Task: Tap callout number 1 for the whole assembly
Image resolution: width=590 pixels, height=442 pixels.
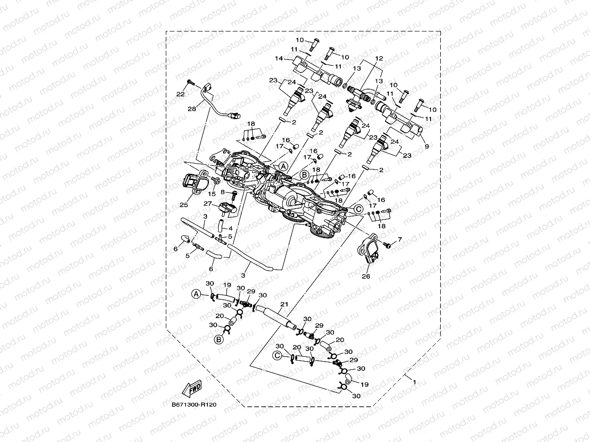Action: [414, 382]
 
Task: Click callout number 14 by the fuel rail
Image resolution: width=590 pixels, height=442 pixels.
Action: [279, 59]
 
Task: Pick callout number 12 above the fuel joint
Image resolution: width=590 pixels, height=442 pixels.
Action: [379, 59]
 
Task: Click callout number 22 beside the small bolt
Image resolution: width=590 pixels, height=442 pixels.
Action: [180, 94]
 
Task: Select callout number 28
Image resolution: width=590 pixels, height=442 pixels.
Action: [192, 109]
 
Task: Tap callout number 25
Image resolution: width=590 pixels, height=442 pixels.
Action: [184, 205]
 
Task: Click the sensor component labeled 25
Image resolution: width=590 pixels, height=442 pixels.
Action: [192, 183]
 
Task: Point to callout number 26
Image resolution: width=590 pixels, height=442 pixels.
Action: [366, 276]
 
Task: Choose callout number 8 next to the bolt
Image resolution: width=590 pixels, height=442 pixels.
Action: [223, 192]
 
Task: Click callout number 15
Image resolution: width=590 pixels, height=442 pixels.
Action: [212, 193]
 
